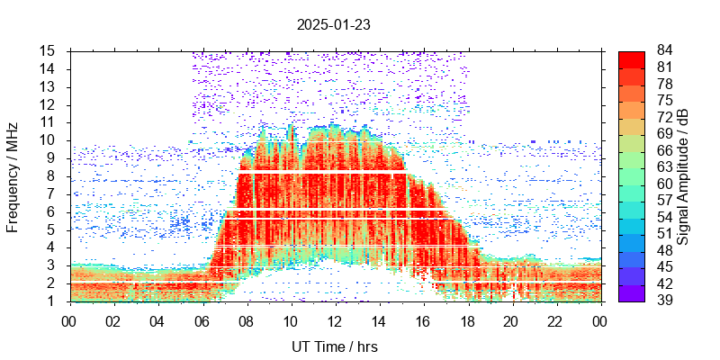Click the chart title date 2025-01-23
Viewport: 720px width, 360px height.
(x=334, y=24)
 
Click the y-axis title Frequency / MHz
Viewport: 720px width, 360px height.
(x=13, y=175)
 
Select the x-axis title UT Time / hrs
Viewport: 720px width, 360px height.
(x=334, y=346)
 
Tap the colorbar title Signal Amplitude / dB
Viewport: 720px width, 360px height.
(x=683, y=175)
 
